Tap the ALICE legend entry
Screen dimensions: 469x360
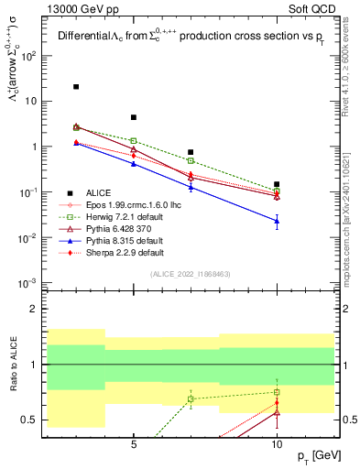[x=98, y=192]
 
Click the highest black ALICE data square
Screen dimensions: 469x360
[x=76, y=87]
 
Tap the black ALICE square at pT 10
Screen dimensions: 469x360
[x=277, y=184]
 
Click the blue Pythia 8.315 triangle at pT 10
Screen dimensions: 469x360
[x=277, y=221]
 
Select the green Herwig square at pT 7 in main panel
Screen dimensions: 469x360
[x=191, y=160]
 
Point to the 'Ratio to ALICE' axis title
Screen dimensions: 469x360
[x=13, y=365]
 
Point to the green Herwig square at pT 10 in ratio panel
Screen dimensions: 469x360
[x=277, y=392]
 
